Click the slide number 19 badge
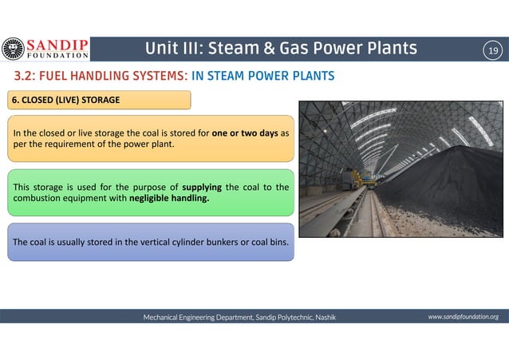coord(493,51)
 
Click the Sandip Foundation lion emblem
coord(14,49)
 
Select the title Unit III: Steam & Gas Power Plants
coord(280,49)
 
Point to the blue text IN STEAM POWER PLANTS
coord(263,77)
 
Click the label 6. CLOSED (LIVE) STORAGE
coord(65,100)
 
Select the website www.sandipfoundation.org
coord(463,317)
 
